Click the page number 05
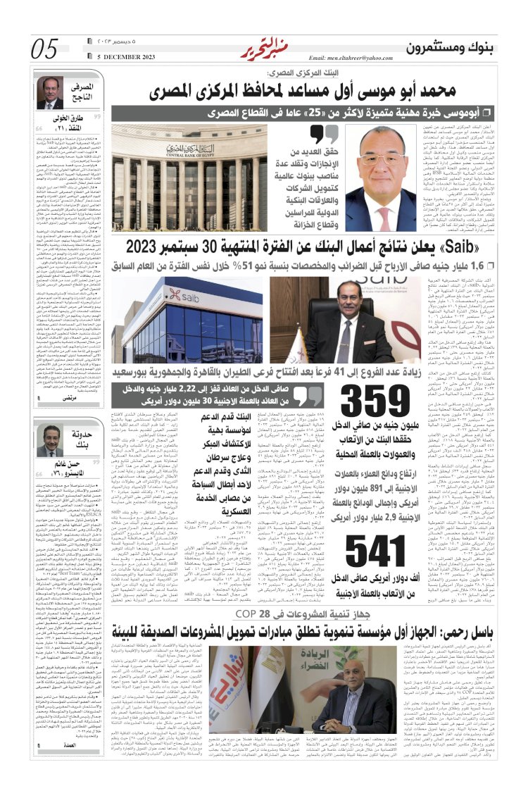click(44, 50)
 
